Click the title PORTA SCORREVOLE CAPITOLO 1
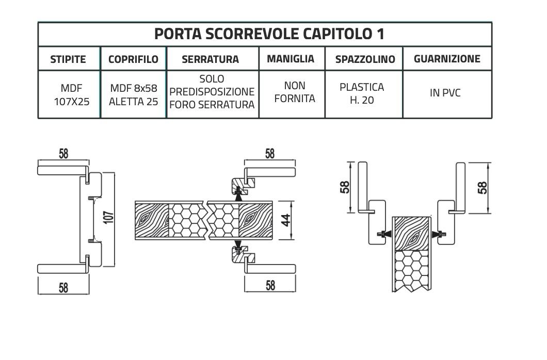point(269,34)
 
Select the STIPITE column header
point(68,59)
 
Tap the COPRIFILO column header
point(133,59)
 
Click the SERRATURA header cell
point(210,59)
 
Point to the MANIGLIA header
point(291,59)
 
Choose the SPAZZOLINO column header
point(365,59)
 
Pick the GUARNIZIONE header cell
point(447,59)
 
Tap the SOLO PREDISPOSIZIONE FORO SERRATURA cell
point(212,92)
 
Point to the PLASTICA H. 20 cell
point(362,93)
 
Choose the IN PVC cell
point(445,93)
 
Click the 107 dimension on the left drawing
point(108,217)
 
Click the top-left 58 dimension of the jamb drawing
point(63,154)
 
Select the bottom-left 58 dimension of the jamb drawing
point(63,287)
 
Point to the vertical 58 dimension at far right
point(482,188)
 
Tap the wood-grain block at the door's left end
point(152,220)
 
